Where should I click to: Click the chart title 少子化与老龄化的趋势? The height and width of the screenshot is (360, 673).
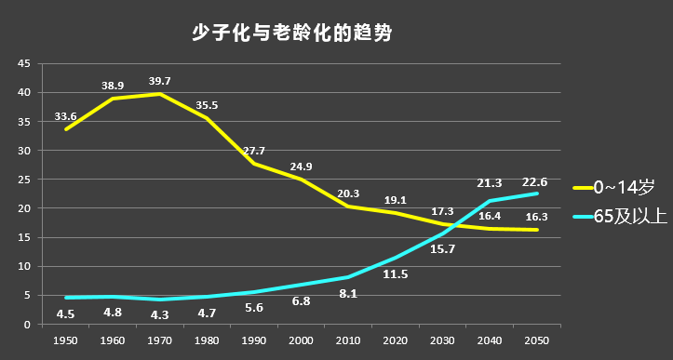291,33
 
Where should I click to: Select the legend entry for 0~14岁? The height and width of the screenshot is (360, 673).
613,188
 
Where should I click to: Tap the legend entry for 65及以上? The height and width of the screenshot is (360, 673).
621,217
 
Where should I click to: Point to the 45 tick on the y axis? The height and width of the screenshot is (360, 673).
24,63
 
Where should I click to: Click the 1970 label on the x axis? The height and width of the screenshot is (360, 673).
160,340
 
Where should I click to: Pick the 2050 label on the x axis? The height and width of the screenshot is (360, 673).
537,340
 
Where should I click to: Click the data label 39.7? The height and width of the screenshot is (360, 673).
160,81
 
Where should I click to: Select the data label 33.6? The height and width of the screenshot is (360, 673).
65,116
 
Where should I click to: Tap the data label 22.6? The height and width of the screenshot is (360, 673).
535,182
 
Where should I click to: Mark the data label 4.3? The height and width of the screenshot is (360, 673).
160,315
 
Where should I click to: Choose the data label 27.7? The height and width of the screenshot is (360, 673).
254,151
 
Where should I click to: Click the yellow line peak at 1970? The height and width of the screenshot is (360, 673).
160,94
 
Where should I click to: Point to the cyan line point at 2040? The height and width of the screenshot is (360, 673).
490,201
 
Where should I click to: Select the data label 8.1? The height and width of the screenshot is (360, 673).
348,294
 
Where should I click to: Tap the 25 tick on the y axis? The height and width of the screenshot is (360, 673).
24,180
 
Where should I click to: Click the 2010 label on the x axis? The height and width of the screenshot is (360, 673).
348,340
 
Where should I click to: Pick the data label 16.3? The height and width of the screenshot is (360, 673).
537,217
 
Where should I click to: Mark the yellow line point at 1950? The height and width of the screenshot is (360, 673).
66,129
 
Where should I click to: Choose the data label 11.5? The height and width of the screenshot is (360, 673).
396,274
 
